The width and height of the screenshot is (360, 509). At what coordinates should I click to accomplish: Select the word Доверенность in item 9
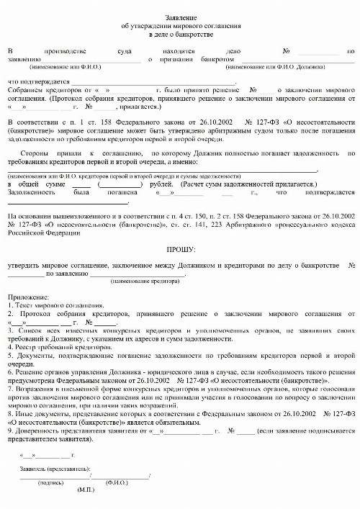36,430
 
